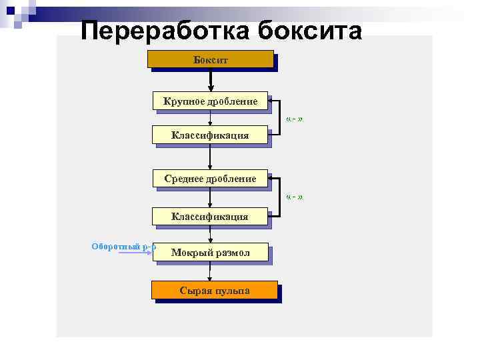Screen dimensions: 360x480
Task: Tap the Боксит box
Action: click(211, 60)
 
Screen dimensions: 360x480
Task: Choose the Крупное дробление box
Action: click(211, 101)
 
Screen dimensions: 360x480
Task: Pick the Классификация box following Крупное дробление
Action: click(211, 135)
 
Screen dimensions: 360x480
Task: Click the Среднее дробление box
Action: click(211, 179)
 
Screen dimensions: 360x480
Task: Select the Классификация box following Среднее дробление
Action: click(211, 216)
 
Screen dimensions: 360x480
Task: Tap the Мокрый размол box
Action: click(211, 252)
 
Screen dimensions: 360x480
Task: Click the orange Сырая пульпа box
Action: click(214, 291)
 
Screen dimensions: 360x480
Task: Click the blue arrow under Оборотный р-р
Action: click(140, 253)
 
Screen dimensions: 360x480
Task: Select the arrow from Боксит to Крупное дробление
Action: click(211, 80)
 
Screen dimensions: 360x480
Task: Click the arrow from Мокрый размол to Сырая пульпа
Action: click(211, 271)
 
